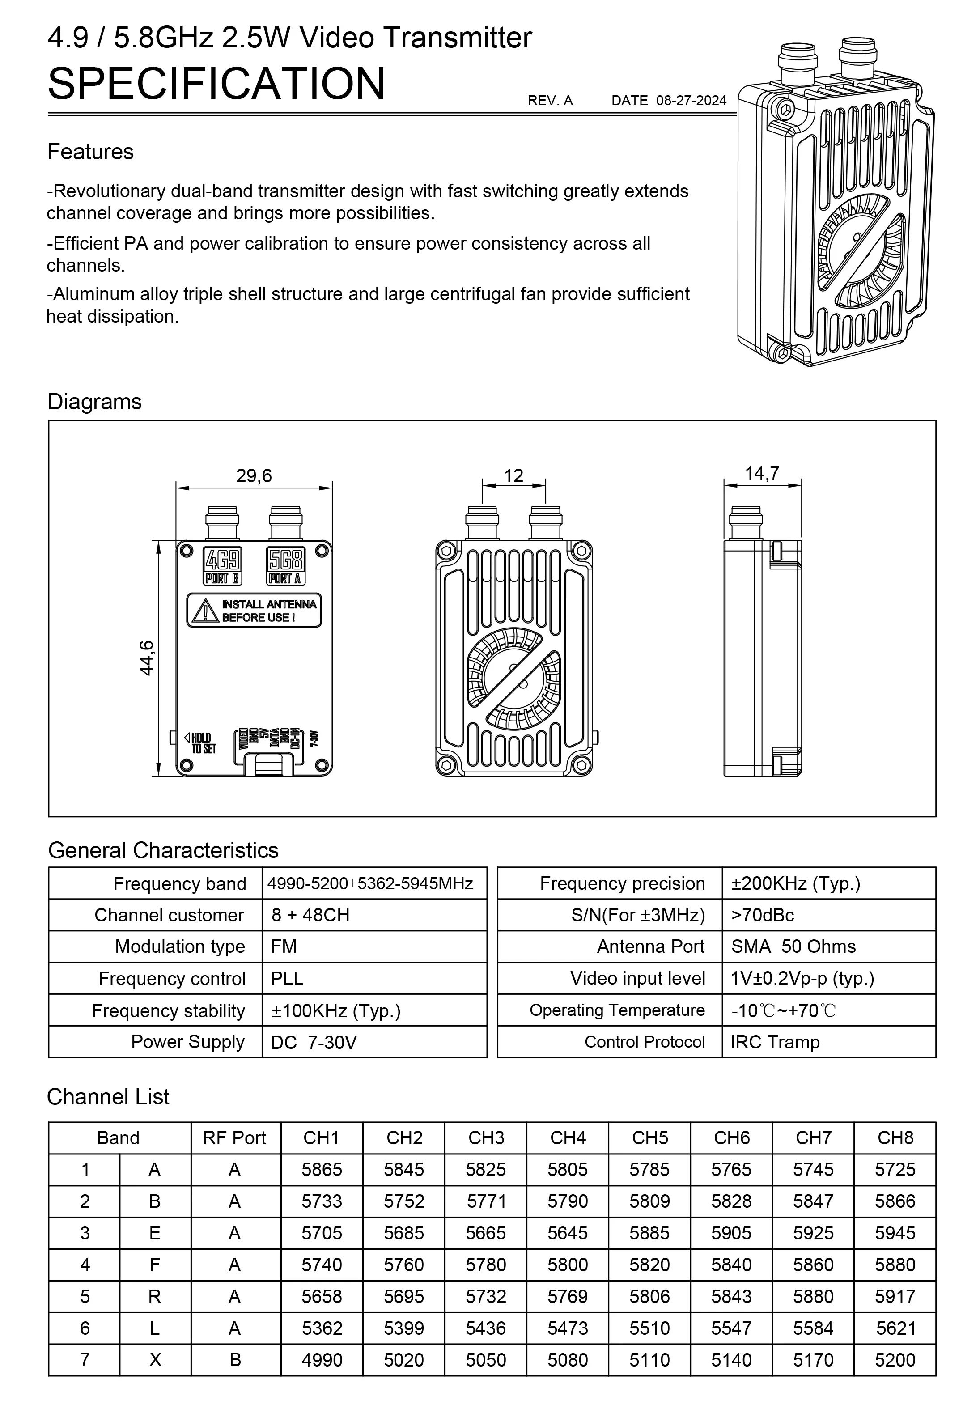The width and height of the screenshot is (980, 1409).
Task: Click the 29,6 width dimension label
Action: coord(254,475)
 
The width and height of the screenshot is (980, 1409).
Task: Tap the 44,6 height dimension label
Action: coord(147,658)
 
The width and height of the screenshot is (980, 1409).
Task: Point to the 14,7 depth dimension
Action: coord(762,473)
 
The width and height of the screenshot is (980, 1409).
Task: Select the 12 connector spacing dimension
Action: coord(513,475)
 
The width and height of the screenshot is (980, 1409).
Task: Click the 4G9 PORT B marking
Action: coord(222,565)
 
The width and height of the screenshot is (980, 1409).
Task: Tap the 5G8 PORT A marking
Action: coord(285,565)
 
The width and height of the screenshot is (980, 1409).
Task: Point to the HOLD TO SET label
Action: coord(201,743)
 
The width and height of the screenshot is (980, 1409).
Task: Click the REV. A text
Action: coord(550,101)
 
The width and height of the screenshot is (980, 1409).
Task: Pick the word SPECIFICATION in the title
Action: coord(216,84)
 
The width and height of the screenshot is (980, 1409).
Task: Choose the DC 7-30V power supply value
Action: coord(313,1043)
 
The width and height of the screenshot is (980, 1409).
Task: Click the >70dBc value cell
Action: coord(762,915)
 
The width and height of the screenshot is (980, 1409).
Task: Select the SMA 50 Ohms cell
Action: coord(793,946)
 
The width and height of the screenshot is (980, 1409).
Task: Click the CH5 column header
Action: coord(649,1138)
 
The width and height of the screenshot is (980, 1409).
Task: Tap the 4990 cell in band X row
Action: coord(322,1360)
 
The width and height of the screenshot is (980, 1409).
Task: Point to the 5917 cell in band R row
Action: coord(895,1296)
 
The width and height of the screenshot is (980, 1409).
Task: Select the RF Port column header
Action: coord(234,1138)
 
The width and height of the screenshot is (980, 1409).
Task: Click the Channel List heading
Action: coord(108,1097)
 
